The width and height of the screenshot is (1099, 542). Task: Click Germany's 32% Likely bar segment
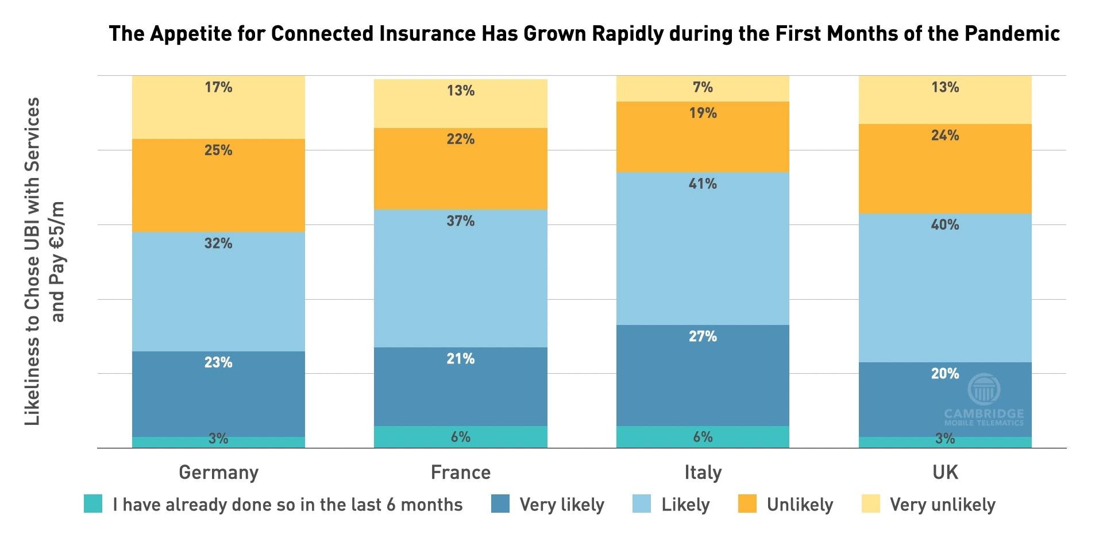[218, 291]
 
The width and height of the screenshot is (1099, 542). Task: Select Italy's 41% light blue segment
[703, 249]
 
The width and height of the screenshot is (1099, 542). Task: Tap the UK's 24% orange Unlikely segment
[945, 169]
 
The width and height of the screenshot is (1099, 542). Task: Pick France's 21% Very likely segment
[460, 386]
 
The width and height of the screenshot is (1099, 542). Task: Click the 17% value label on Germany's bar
[218, 87]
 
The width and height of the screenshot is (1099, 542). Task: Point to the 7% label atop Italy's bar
[703, 87]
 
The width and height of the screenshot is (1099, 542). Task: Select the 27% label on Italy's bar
[703, 336]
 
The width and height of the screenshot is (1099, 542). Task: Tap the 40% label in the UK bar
[945, 224]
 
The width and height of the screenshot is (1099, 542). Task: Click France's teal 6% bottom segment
[460, 437]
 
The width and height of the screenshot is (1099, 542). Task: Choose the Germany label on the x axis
[218, 472]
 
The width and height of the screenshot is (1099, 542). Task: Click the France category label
[460, 472]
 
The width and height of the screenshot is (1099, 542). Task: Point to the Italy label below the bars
[703, 472]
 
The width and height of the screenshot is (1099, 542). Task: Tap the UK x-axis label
[945, 472]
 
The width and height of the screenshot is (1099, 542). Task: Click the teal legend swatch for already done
[93, 504]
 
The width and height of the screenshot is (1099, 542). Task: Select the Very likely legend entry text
[562, 505]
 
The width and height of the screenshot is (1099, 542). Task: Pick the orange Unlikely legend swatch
[747, 504]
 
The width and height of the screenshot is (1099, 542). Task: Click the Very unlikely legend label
[942, 505]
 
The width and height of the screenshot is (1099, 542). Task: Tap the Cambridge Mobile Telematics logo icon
[984, 389]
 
